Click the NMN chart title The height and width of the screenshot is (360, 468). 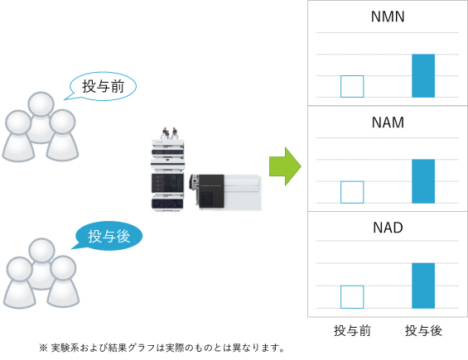[388, 17]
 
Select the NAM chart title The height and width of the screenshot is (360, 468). [388, 122]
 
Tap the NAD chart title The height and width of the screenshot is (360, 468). [388, 228]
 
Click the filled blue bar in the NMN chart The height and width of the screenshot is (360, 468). [423, 76]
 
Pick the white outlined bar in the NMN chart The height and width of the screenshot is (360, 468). [352, 87]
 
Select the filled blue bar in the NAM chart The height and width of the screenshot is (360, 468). [423, 181]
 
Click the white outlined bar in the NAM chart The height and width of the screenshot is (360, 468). [352, 192]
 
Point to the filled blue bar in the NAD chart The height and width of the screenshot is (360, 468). [423, 286]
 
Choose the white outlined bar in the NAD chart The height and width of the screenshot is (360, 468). [352, 297]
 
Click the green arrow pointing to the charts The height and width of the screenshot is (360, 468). [285, 166]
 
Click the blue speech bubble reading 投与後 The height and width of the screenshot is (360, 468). [108, 236]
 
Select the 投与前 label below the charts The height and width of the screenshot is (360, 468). [352, 331]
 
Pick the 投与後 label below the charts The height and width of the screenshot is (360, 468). [423, 331]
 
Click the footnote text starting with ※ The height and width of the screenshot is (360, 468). [162, 348]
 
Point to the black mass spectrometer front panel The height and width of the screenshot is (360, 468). [211, 191]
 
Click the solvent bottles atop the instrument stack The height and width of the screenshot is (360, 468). [170, 133]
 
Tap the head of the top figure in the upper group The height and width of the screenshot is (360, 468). [41, 104]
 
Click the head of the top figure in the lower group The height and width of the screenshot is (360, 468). [41, 251]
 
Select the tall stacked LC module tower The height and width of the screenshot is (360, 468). [167, 175]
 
